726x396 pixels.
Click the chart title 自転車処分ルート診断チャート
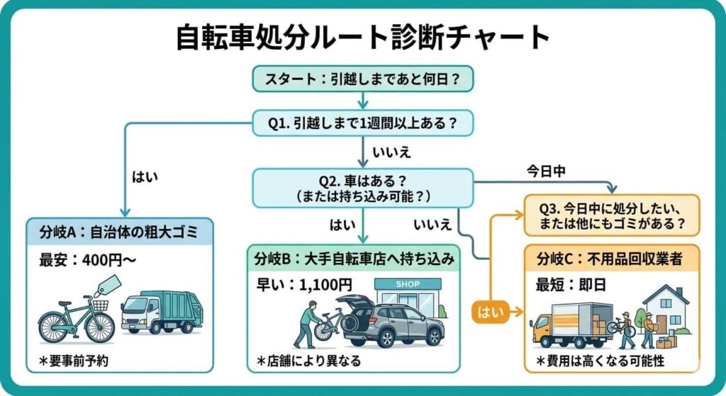pyautogui.click(x=362, y=39)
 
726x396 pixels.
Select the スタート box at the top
pyautogui.click(x=362, y=79)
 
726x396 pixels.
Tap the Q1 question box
pyautogui.click(x=362, y=123)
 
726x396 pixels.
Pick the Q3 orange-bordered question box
pyautogui.click(x=611, y=216)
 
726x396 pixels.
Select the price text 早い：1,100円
pyautogui.click(x=304, y=285)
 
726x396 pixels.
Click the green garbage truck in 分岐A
pyautogui.click(x=162, y=312)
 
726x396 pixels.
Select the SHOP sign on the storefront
pyautogui.click(x=408, y=285)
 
